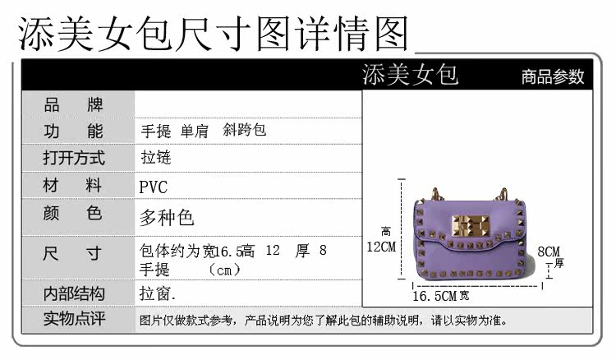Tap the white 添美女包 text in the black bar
[x=410, y=75]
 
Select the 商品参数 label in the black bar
[x=553, y=77]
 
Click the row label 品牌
[x=73, y=104]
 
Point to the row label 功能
[x=73, y=132]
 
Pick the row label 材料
[x=73, y=186]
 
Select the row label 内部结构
[x=73, y=293]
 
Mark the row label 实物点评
[x=73, y=320]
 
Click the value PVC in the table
[x=153, y=187]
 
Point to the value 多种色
[x=167, y=217]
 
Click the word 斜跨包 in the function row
[x=245, y=131]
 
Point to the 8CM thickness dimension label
[x=549, y=252]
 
